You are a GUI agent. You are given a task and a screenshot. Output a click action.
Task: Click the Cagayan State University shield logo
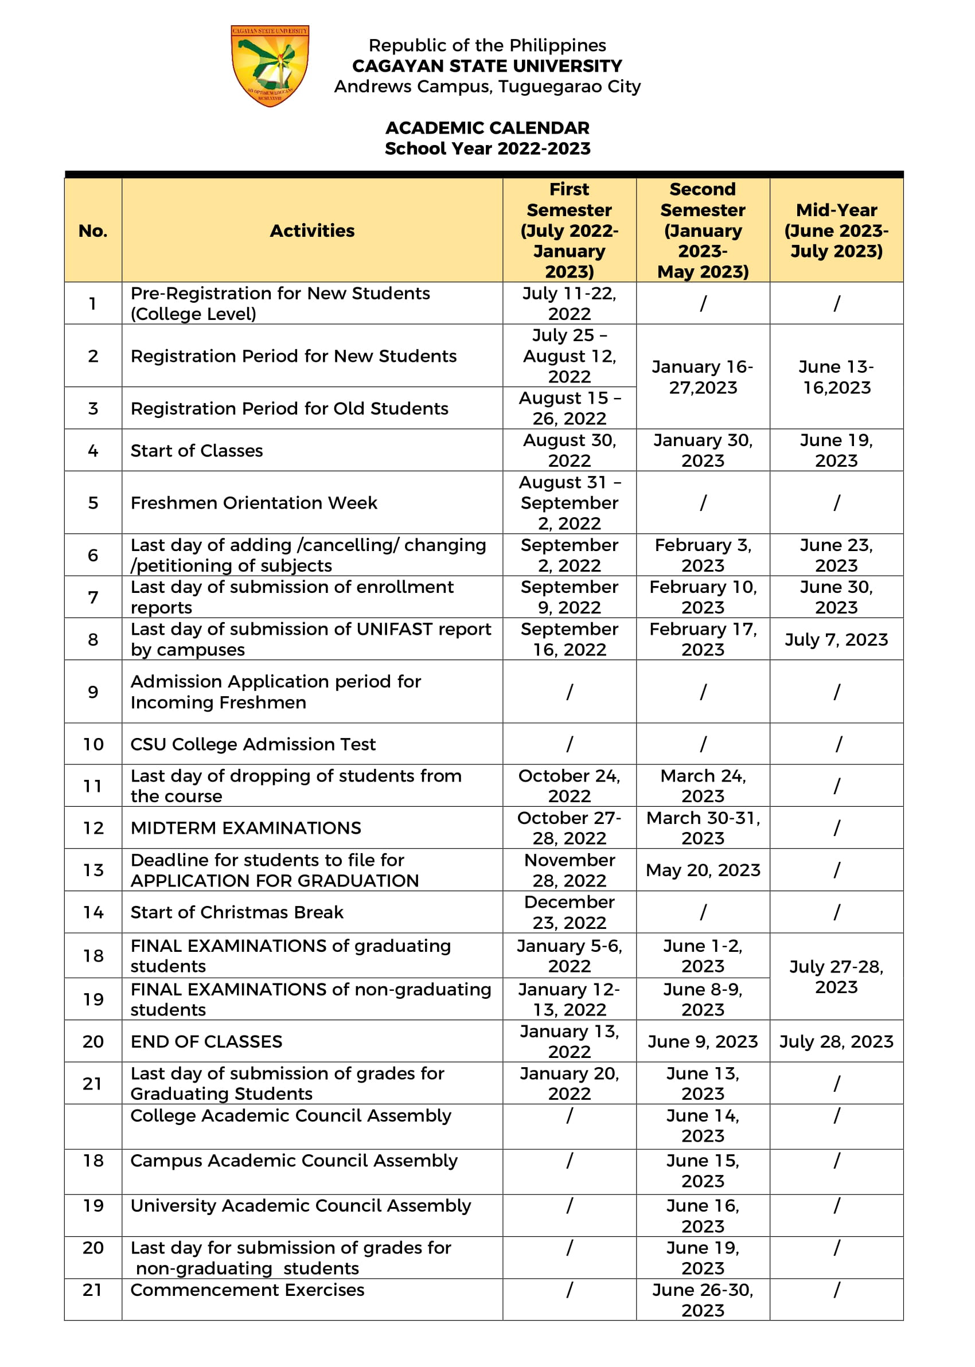(270, 65)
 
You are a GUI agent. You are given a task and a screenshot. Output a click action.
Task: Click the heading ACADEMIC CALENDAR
(487, 128)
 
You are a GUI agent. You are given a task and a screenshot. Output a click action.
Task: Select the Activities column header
(311, 231)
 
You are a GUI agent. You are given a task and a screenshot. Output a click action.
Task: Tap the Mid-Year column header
(836, 231)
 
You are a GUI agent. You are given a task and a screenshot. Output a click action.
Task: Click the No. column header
(93, 231)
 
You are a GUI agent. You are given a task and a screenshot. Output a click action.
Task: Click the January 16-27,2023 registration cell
(703, 377)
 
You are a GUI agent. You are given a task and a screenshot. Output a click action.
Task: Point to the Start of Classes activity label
(196, 451)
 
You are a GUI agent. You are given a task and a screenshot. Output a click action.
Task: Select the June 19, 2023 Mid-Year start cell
(836, 450)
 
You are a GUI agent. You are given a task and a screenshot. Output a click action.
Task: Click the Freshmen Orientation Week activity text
(253, 503)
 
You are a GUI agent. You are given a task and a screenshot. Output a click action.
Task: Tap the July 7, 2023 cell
(836, 640)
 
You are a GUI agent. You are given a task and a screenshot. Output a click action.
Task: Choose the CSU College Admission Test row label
(253, 744)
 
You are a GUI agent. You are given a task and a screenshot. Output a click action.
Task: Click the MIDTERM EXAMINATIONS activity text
(245, 828)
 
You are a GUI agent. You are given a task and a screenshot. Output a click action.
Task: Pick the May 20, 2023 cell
(703, 870)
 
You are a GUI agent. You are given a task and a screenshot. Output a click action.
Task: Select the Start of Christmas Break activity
(236, 912)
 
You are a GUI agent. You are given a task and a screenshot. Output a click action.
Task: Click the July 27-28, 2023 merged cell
(836, 977)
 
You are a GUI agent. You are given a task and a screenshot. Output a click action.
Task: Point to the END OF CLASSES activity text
(206, 1041)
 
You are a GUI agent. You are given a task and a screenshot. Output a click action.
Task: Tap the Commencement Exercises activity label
(247, 1290)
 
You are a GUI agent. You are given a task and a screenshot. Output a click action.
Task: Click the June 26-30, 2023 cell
(703, 1300)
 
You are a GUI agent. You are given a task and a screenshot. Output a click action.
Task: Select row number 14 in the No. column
(93, 912)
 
